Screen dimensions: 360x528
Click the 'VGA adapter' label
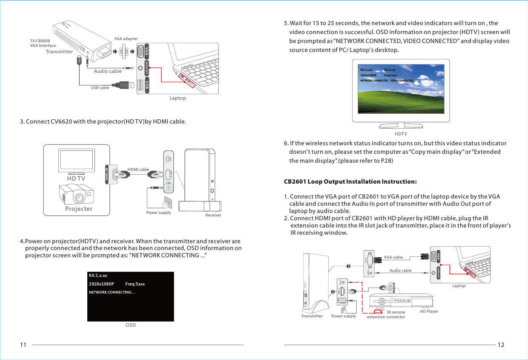click(x=126, y=39)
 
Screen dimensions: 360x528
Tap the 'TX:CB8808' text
click(x=40, y=41)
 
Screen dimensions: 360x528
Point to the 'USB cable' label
click(x=100, y=88)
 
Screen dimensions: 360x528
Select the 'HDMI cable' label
click(x=138, y=170)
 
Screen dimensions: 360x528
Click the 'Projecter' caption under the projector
click(x=79, y=209)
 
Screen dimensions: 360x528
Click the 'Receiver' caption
click(x=213, y=215)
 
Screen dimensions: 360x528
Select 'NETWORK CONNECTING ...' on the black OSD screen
click(x=112, y=292)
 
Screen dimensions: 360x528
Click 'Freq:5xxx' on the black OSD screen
click(x=135, y=284)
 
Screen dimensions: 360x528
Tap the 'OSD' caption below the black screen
click(x=131, y=325)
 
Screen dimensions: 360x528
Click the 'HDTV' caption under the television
click(x=401, y=134)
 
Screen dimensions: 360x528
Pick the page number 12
click(x=501, y=345)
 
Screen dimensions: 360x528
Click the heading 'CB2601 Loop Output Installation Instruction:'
click(x=350, y=182)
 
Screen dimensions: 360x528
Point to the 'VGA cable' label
click(x=393, y=257)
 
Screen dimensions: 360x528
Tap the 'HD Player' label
click(x=429, y=311)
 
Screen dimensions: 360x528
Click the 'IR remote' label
click(x=396, y=312)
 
